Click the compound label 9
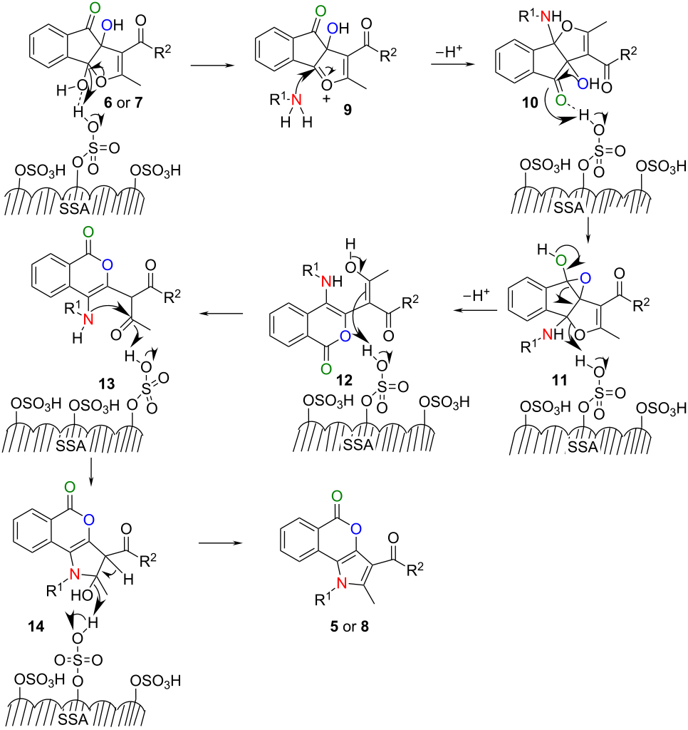point(348,109)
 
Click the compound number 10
point(531,102)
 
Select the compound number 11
point(560,379)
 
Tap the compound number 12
point(345,380)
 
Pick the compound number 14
point(36,626)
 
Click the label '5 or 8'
point(350,626)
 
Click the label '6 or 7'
point(123,102)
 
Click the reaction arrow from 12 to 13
point(221,314)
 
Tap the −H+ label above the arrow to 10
point(449,51)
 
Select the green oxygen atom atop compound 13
point(88,232)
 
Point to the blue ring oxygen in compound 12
point(345,336)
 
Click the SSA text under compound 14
point(73,720)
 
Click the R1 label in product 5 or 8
point(323,598)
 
